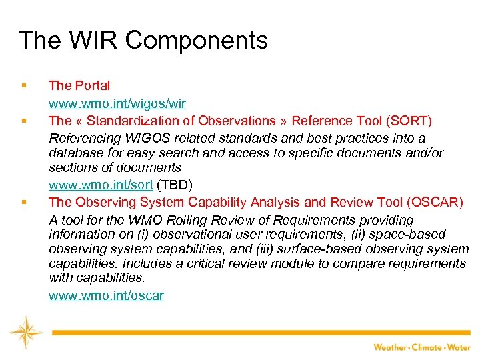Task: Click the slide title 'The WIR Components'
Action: [143, 41]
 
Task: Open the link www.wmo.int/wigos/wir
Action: [117, 103]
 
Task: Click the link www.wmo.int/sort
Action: [101, 185]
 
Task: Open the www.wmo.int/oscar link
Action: [106, 295]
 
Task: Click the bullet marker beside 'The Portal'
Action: [23, 86]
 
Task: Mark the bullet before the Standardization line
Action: [23, 121]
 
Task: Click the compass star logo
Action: [26, 332]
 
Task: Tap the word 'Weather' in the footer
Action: [391, 347]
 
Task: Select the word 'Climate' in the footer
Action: [429, 347]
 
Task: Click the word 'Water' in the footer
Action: [461, 347]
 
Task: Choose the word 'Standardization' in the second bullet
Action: [133, 121]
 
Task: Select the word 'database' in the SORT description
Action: [75, 153]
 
